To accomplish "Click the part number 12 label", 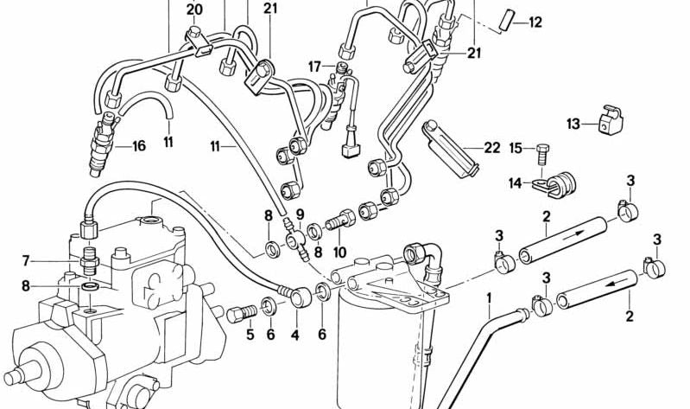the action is click(x=535, y=22).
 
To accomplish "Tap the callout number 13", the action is click(x=573, y=125).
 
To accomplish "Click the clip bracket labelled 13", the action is click(x=611, y=119).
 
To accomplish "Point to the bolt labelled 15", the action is click(x=543, y=153).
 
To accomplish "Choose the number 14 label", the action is click(x=516, y=183).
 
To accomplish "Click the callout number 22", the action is click(x=492, y=148).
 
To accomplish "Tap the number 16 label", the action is click(x=139, y=146).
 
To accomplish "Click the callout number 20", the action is click(x=194, y=10).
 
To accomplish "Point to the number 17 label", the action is click(x=314, y=67).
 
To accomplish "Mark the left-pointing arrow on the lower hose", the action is click(x=616, y=284).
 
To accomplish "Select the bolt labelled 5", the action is click(x=242, y=313).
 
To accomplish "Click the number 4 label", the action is click(x=294, y=336).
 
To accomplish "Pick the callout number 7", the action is click(x=26, y=261).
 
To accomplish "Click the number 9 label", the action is click(x=301, y=214).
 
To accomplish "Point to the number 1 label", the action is click(x=489, y=299).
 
